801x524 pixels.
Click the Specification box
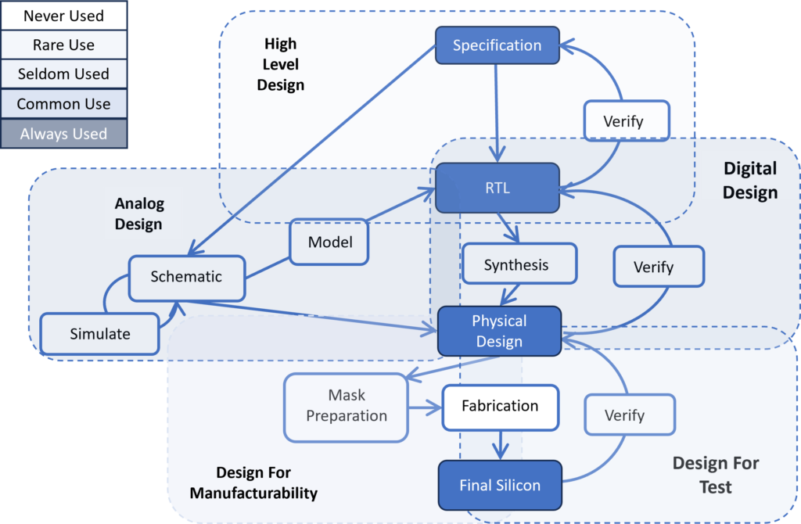(x=497, y=45)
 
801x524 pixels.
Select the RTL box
(x=497, y=188)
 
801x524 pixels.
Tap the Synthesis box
(x=516, y=264)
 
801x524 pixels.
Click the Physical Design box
(x=499, y=331)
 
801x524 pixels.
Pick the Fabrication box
(x=500, y=406)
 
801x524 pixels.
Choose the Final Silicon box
(x=500, y=485)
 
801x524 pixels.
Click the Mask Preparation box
(x=347, y=405)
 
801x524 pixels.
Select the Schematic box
(x=186, y=276)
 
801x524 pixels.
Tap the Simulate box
(x=100, y=333)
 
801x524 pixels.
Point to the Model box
(x=329, y=242)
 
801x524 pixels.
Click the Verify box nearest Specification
(x=623, y=121)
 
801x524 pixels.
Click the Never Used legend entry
(x=63, y=16)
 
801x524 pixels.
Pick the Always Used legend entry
(x=63, y=134)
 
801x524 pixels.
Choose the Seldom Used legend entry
(x=63, y=74)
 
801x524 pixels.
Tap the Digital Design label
(x=749, y=180)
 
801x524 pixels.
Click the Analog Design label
(x=138, y=214)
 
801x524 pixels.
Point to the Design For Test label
(x=715, y=475)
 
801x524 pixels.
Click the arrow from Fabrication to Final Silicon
(x=500, y=445)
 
